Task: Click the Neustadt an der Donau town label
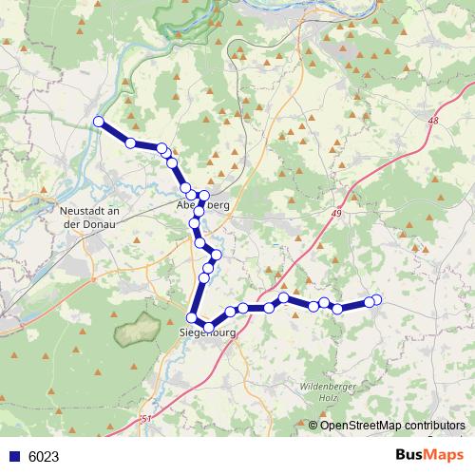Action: (x=86, y=216)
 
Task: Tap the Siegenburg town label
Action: (x=206, y=333)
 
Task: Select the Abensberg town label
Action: (x=203, y=205)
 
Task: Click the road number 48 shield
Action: (x=434, y=121)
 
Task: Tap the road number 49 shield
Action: (x=337, y=217)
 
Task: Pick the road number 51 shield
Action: (x=145, y=419)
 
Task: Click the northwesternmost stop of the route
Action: (x=98, y=120)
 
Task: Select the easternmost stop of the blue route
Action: (x=376, y=300)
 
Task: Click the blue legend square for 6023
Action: (x=15, y=456)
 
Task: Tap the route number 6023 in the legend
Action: (x=44, y=456)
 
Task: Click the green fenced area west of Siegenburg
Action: (x=137, y=332)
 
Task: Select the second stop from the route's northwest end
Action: (x=130, y=142)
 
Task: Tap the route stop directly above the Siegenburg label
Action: (x=193, y=318)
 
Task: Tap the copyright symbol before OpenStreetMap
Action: (x=313, y=425)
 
